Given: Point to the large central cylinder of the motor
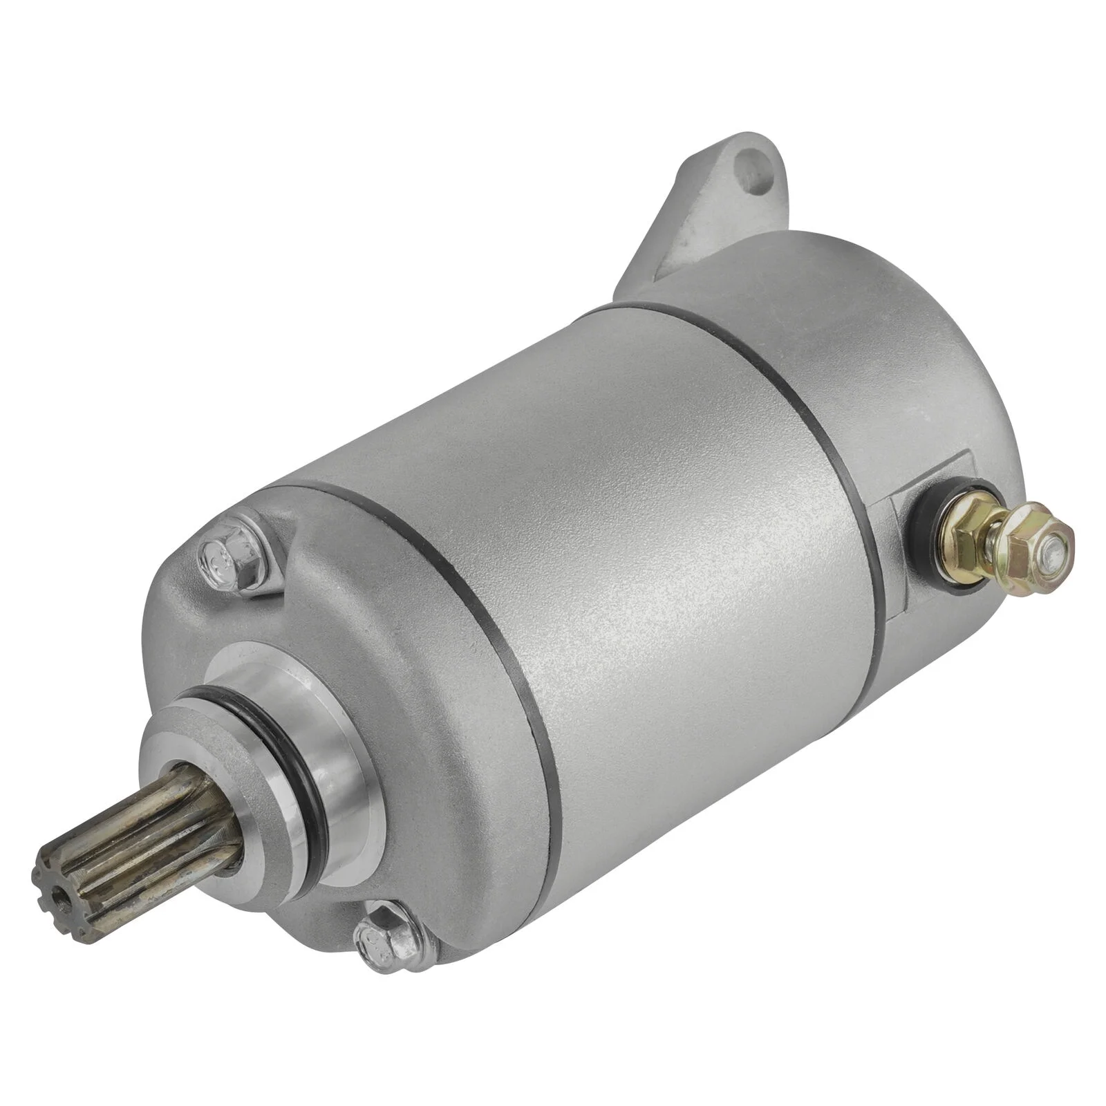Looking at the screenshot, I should (657, 518).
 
